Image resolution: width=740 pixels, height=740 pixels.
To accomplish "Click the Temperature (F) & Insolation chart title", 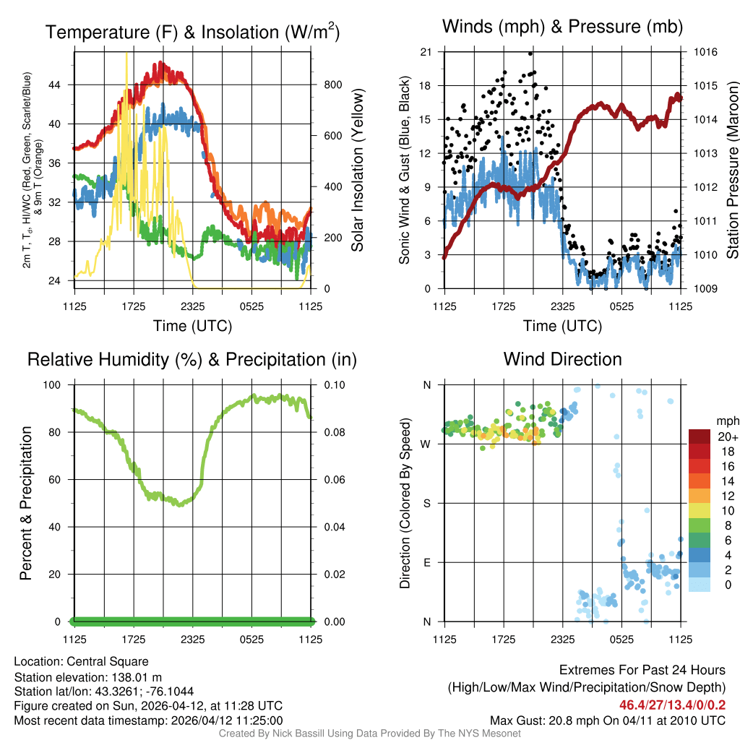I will point(192,32).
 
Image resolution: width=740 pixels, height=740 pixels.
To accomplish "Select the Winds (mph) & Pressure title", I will point(562,27).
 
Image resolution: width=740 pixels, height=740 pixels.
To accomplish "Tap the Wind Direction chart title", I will point(562,359).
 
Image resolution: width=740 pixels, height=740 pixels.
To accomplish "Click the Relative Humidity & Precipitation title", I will point(192,359).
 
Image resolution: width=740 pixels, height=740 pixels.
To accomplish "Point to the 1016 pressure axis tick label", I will point(705,52).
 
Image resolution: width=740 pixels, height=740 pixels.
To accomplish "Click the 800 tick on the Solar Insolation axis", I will point(332,85).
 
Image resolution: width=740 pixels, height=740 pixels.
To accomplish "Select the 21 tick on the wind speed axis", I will point(426,52).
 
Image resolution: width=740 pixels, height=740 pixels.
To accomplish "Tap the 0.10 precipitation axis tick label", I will point(333,384).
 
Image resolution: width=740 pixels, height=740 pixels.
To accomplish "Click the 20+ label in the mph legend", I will point(726,437).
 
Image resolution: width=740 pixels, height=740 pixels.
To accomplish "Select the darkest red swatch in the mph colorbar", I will point(699,436).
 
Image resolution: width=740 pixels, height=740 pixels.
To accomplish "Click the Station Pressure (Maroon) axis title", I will point(732,171).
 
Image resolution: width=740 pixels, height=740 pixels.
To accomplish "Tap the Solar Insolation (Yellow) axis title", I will point(357,171).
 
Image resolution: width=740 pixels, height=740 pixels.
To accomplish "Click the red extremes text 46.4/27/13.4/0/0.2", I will point(672,704).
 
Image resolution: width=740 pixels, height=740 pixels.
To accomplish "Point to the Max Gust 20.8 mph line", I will point(607,720).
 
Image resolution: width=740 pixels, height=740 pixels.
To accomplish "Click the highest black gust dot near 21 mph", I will point(530,53).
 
